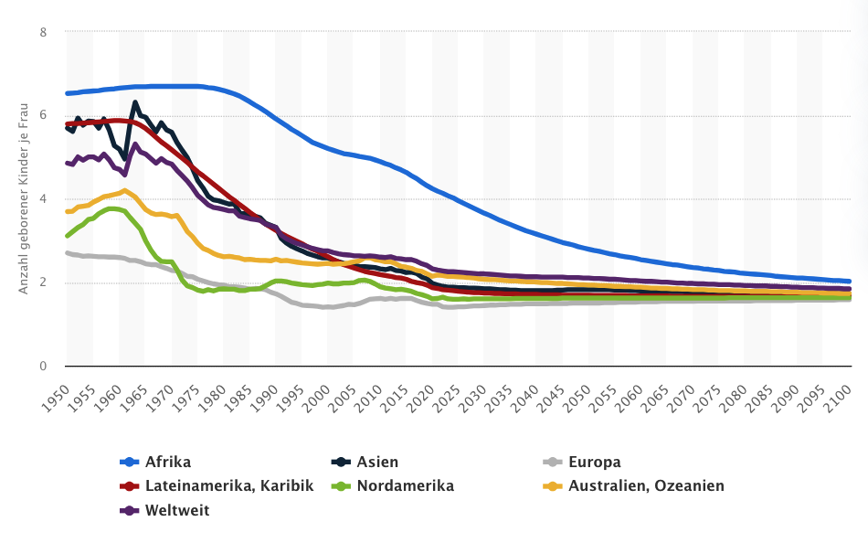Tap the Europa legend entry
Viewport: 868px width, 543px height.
pyautogui.click(x=594, y=462)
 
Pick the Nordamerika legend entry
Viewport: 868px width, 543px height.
pyautogui.click(x=406, y=485)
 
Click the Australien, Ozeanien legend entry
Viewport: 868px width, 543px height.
pyautogui.click(x=646, y=485)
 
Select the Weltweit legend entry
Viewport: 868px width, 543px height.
pyautogui.click(x=177, y=509)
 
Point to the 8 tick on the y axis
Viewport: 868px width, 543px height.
pyautogui.click(x=43, y=32)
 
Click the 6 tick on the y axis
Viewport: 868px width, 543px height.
pyautogui.click(x=43, y=115)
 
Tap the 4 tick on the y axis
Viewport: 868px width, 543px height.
pyautogui.click(x=43, y=198)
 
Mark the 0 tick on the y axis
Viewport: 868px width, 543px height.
pyautogui.click(x=43, y=366)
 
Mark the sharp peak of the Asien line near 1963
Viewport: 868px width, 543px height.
pyautogui.click(x=135, y=102)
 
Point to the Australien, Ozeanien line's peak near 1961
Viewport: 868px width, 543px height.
pyautogui.click(x=124, y=190)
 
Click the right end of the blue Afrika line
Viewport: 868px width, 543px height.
pyautogui.click(x=850, y=282)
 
